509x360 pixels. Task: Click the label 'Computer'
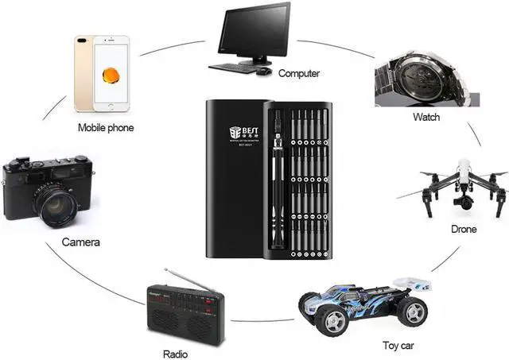299,73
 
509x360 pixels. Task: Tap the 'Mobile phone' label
106,127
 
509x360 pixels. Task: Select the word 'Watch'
425,117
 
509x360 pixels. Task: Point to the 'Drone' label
464,230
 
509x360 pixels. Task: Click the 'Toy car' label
397,346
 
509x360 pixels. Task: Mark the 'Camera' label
81,241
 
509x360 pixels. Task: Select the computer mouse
262,71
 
